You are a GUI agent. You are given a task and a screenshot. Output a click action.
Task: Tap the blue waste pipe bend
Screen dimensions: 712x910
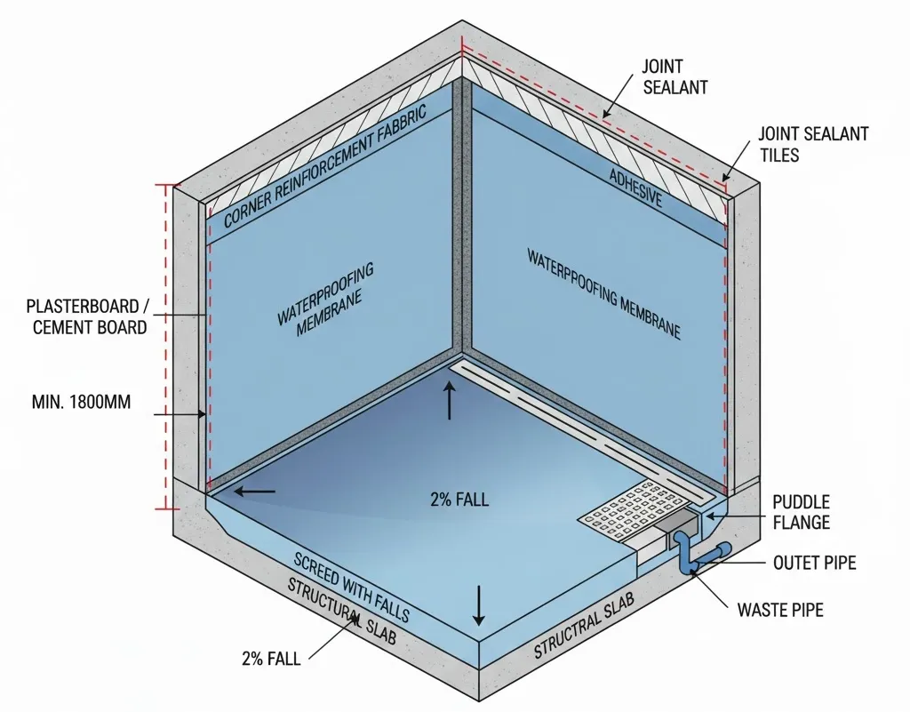click(686, 559)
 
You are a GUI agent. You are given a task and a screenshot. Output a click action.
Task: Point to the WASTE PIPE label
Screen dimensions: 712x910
click(780, 611)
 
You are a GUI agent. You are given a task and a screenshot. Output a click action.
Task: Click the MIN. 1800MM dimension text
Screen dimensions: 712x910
click(81, 402)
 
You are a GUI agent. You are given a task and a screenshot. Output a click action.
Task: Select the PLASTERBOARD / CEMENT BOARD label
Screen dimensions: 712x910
click(86, 317)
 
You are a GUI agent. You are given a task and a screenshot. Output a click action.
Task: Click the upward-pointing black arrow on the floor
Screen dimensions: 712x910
click(450, 401)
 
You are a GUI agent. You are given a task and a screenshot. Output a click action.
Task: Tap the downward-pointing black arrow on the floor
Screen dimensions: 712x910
click(479, 605)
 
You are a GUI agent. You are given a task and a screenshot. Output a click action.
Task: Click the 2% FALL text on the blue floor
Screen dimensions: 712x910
click(459, 499)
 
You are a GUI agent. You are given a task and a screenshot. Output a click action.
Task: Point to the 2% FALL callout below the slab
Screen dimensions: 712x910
click(270, 659)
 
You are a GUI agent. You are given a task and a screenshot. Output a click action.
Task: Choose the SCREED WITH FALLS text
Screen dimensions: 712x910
click(352, 588)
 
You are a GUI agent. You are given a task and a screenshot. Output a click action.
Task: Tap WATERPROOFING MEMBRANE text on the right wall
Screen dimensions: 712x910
click(604, 294)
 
